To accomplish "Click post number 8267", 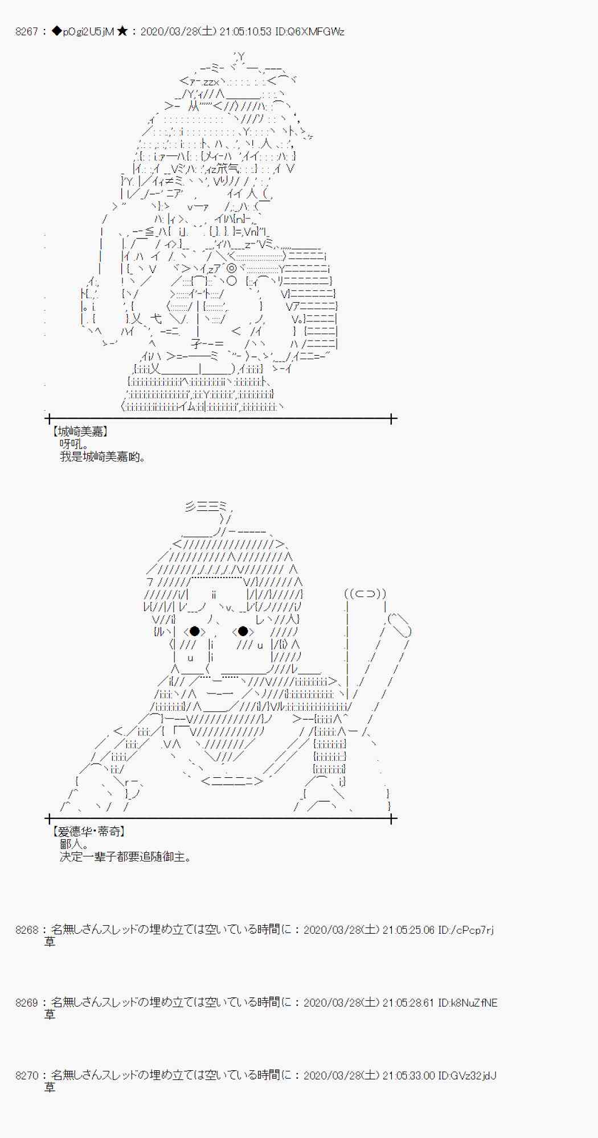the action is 26,32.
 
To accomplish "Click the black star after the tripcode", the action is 122,32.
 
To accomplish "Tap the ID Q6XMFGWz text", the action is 310,32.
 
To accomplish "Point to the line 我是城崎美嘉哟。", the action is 103,457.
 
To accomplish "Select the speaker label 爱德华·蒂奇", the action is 89,832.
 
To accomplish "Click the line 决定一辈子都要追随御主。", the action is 125,857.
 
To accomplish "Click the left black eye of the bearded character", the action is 195,631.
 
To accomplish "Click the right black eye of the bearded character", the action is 243,631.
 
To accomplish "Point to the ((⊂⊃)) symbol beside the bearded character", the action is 365,594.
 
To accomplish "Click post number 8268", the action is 26,930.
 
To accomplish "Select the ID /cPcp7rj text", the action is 466,930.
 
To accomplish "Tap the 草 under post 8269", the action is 50,1015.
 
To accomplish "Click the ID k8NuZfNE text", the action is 468,1003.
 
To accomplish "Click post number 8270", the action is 26,1075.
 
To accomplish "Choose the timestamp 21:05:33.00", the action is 408,1075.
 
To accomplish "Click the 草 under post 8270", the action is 50,1088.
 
